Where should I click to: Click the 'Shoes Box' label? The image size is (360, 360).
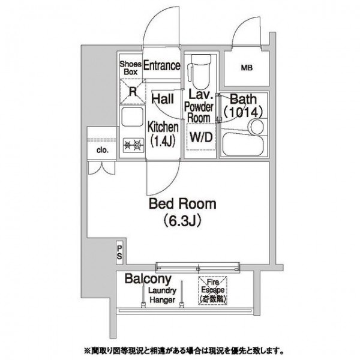click(131, 67)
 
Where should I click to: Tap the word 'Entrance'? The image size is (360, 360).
click(161, 65)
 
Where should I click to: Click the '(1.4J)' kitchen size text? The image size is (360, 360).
click(163, 142)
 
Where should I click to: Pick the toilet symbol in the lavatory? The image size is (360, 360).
click(197, 70)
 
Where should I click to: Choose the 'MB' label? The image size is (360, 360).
click(247, 68)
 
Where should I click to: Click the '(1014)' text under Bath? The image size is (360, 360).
click(244, 112)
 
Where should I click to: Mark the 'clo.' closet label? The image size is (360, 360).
click(101, 150)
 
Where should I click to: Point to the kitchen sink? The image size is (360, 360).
click(131, 117)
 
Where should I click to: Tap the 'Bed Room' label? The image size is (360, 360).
click(183, 205)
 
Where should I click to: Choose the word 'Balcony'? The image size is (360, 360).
click(148, 279)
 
